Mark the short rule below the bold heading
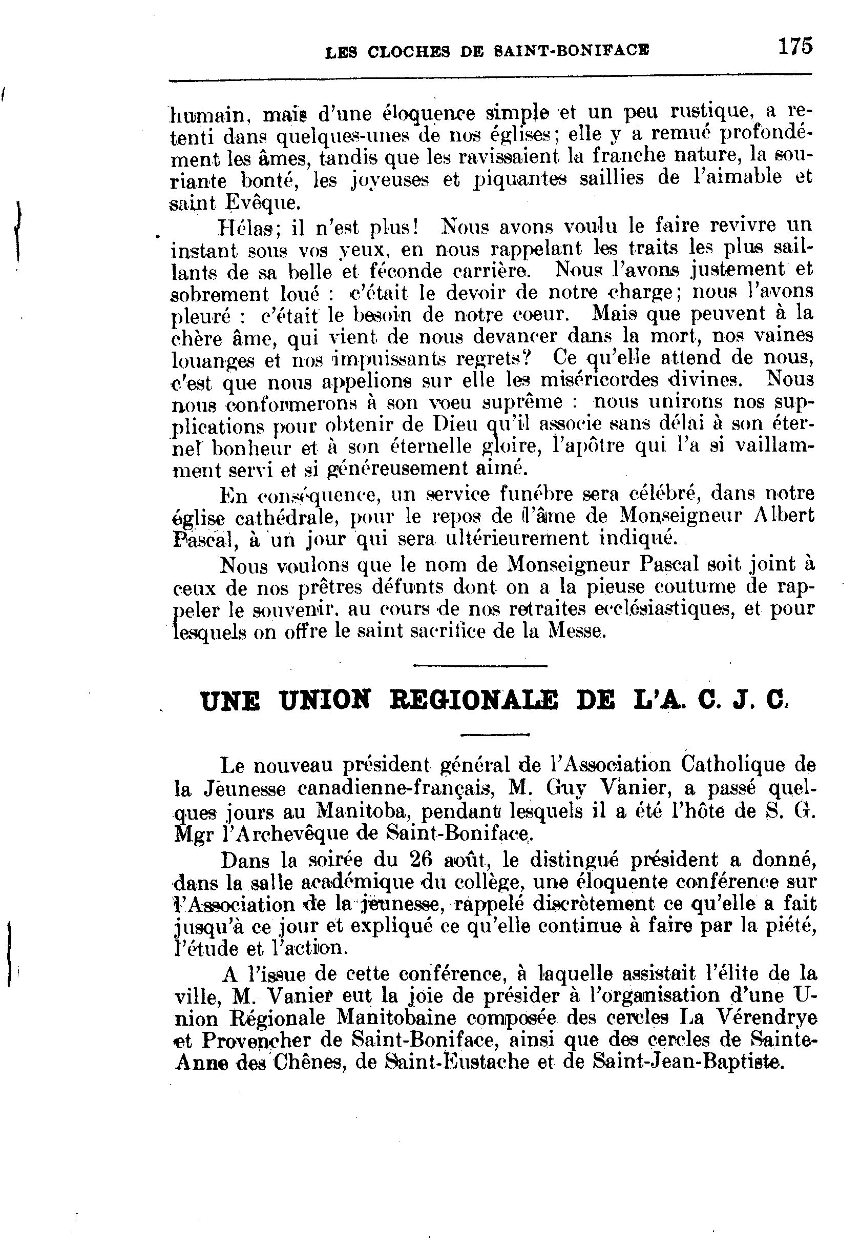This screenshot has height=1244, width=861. click(x=495, y=733)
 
